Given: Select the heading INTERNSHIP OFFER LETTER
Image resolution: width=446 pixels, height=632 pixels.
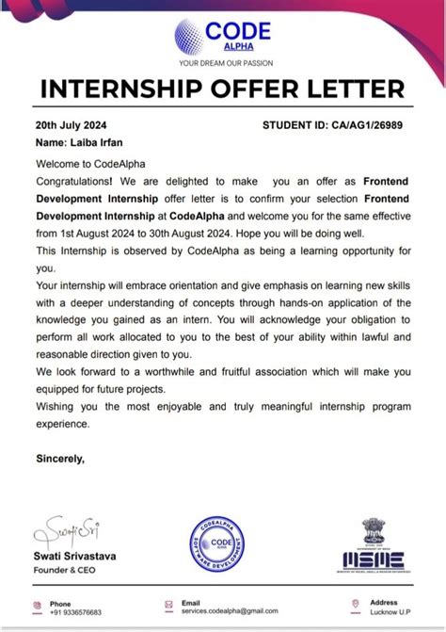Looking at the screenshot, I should [223, 91].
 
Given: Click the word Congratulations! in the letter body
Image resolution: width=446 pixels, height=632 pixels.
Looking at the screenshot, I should [74, 179].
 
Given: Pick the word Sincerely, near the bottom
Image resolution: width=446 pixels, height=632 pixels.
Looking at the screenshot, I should [60, 460].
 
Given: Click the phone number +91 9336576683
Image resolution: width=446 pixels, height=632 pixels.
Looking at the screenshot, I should [76, 611].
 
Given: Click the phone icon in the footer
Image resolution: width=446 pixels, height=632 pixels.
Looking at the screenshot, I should [37, 606].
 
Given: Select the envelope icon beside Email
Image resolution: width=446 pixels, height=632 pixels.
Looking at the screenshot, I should [169, 606].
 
